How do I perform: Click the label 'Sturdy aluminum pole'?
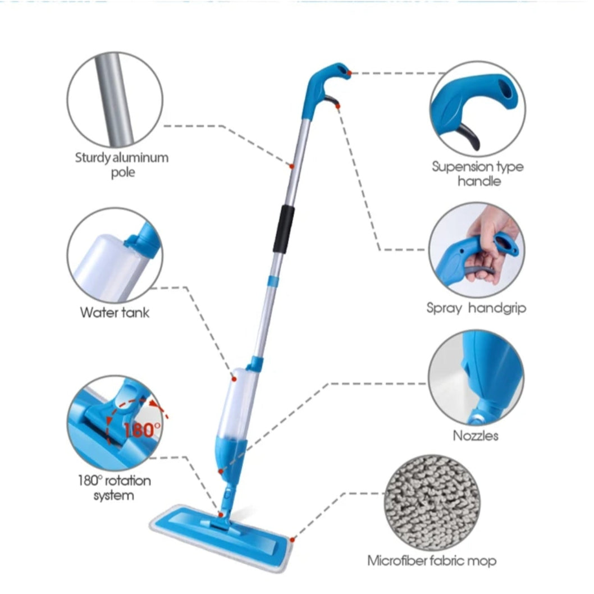click(122, 165)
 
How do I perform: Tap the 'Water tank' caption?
click(115, 313)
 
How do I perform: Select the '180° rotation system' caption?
click(115, 488)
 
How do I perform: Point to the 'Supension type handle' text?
click(478, 173)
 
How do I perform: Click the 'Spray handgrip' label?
click(476, 308)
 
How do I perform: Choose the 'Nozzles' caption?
click(476, 436)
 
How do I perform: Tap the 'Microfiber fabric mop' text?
click(432, 561)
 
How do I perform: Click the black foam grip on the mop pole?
click(284, 229)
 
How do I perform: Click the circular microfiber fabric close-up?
click(432, 502)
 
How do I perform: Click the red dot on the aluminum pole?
click(292, 166)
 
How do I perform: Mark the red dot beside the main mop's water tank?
click(234, 379)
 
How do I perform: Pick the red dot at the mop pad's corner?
click(292, 540)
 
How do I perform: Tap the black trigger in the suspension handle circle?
click(470, 137)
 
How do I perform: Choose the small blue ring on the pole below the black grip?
click(273, 281)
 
